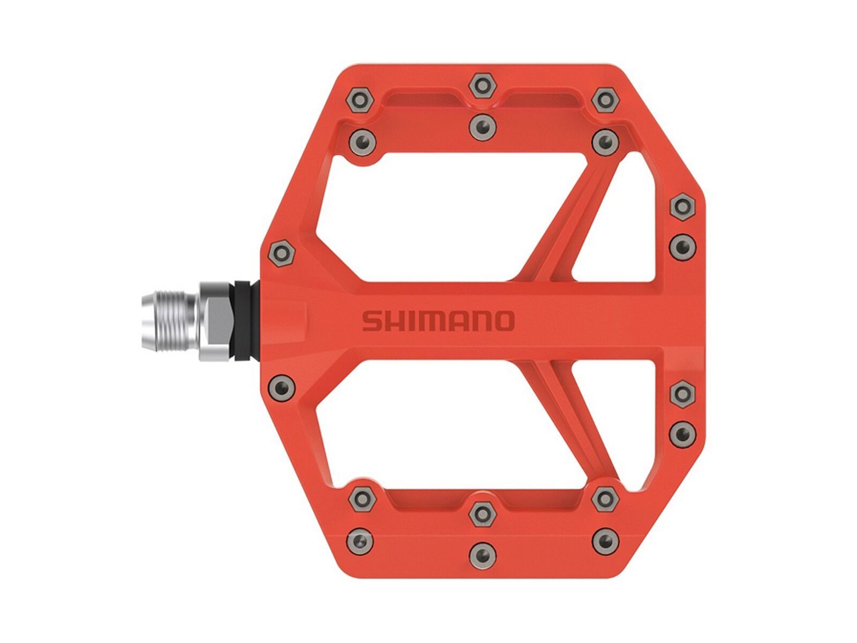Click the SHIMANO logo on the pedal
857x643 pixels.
coord(438,321)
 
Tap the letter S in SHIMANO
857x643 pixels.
coord(372,321)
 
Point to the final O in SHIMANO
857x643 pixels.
coord(503,321)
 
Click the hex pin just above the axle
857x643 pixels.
coord(282,253)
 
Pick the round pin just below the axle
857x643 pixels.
coord(282,386)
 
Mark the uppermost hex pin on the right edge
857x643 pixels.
coord(682,206)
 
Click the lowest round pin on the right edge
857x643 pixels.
coord(682,432)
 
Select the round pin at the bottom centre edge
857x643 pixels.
coord(483,555)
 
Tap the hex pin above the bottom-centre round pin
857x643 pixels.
coord(483,514)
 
